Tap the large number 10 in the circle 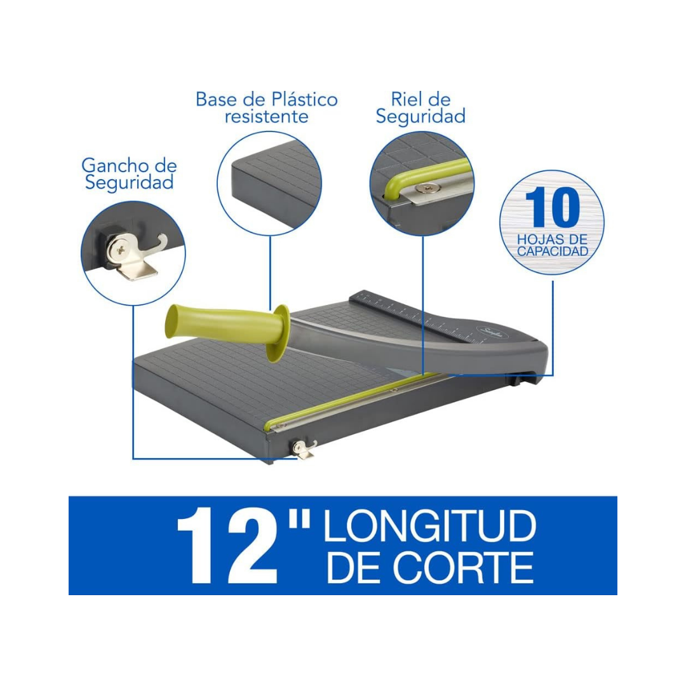[552, 207]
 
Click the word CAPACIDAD [553, 252]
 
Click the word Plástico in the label [304, 99]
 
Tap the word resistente [266, 117]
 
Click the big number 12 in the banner [227, 546]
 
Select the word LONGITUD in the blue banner [429, 526]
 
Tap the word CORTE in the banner [463, 567]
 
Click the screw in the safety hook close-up [119, 250]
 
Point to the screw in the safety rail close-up [425, 187]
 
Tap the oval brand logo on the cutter [486, 330]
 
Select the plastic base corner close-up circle [269, 184]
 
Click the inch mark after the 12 [299, 518]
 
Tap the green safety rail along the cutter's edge [350, 400]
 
